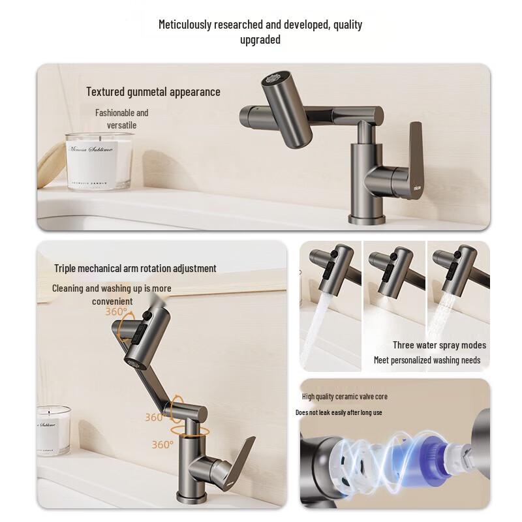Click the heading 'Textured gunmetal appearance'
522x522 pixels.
click(x=153, y=92)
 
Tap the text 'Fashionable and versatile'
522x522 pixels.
click(x=122, y=119)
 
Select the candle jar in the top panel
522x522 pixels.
click(x=99, y=161)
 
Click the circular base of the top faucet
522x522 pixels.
click(x=366, y=218)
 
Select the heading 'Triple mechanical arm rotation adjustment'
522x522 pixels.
click(x=135, y=268)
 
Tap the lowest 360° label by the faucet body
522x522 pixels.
click(x=162, y=444)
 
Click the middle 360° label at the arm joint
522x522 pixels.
click(x=155, y=418)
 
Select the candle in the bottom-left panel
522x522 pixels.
click(x=53, y=430)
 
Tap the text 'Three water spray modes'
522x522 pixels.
click(x=439, y=345)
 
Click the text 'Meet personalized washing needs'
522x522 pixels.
click(x=427, y=360)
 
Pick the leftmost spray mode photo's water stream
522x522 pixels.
click(x=314, y=326)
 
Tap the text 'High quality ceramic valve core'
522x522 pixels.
click(x=345, y=397)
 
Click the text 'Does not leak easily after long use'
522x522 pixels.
click(x=339, y=412)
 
